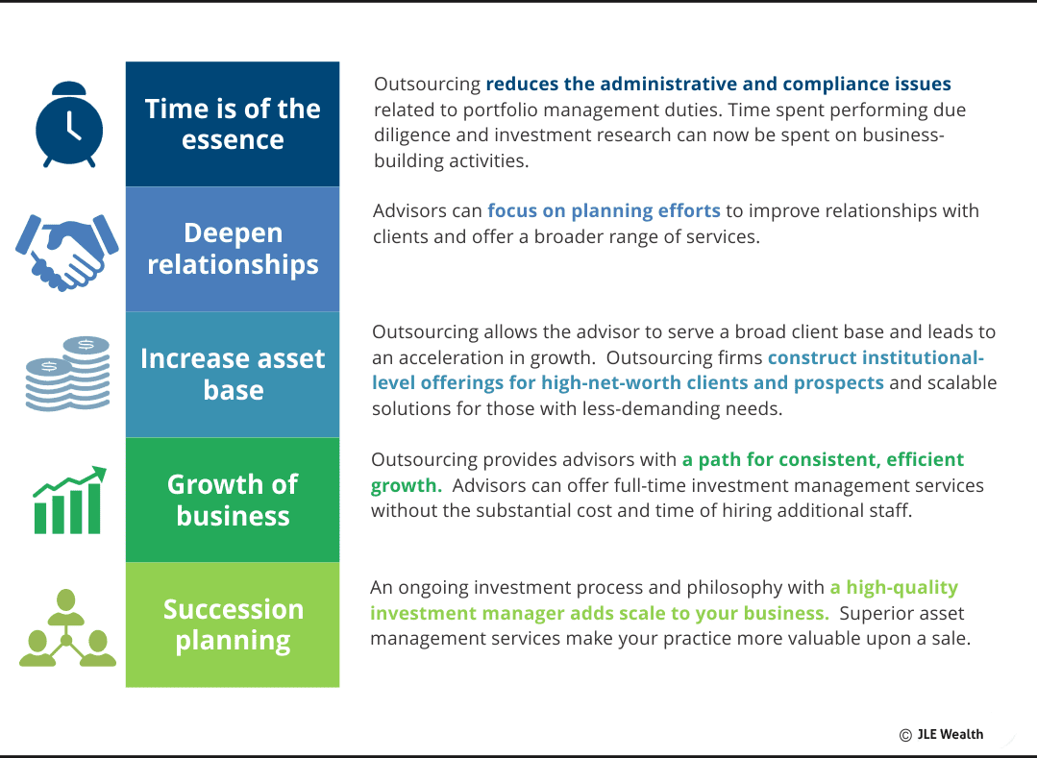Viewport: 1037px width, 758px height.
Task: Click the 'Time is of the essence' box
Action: pyautogui.click(x=233, y=124)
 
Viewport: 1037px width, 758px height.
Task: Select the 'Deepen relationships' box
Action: pyautogui.click(x=233, y=249)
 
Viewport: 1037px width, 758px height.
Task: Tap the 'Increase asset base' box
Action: pyautogui.click(x=233, y=374)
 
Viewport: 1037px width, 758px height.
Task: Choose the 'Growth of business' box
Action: pyautogui.click(x=233, y=500)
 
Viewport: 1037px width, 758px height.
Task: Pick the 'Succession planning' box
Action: pyautogui.click(x=233, y=624)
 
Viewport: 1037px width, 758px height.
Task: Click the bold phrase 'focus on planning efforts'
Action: pyautogui.click(x=604, y=210)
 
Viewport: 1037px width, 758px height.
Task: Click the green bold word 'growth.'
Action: pyautogui.click(x=407, y=485)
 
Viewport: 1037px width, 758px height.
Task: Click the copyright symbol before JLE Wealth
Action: pyautogui.click(x=905, y=735)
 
